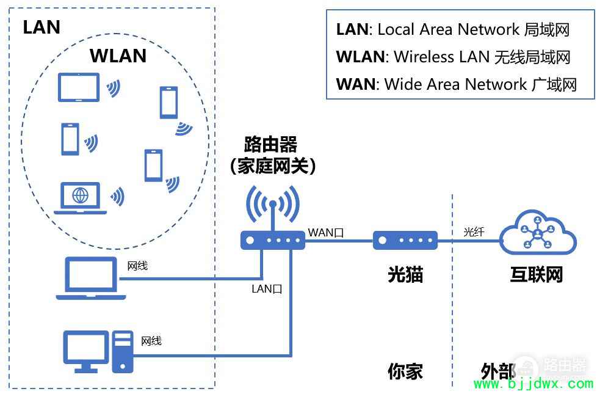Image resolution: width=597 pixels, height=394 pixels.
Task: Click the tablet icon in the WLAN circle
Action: click(78, 87)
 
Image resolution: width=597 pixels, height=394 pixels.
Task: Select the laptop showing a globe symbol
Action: click(80, 198)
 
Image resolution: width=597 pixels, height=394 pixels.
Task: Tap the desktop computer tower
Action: click(123, 352)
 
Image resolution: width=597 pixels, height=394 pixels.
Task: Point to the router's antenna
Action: click(273, 216)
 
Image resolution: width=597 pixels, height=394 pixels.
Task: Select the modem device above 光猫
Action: click(405, 241)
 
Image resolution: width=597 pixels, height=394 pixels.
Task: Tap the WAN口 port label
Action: click(326, 233)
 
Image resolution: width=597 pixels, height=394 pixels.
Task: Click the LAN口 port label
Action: click(267, 289)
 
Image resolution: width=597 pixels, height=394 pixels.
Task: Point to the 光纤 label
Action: click(474, 232)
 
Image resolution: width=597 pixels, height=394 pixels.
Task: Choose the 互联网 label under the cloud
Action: click(537, 274)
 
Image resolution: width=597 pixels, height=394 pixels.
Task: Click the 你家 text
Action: click(405, 371)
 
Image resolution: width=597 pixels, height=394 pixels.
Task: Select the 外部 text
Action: click(498, 371)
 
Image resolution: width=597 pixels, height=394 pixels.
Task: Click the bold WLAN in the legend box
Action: click(360, 57)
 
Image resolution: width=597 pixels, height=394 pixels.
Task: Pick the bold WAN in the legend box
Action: click(356, 84)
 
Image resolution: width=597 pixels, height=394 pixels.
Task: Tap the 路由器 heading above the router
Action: click(270, 144)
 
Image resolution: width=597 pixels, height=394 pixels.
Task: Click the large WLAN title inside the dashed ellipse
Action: click(118, 56)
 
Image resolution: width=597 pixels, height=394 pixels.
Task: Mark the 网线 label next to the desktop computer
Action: click(151, 341)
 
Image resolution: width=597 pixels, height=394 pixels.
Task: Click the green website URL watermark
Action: click(534, 384)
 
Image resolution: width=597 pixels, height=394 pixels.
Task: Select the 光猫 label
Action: click(405, 274)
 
